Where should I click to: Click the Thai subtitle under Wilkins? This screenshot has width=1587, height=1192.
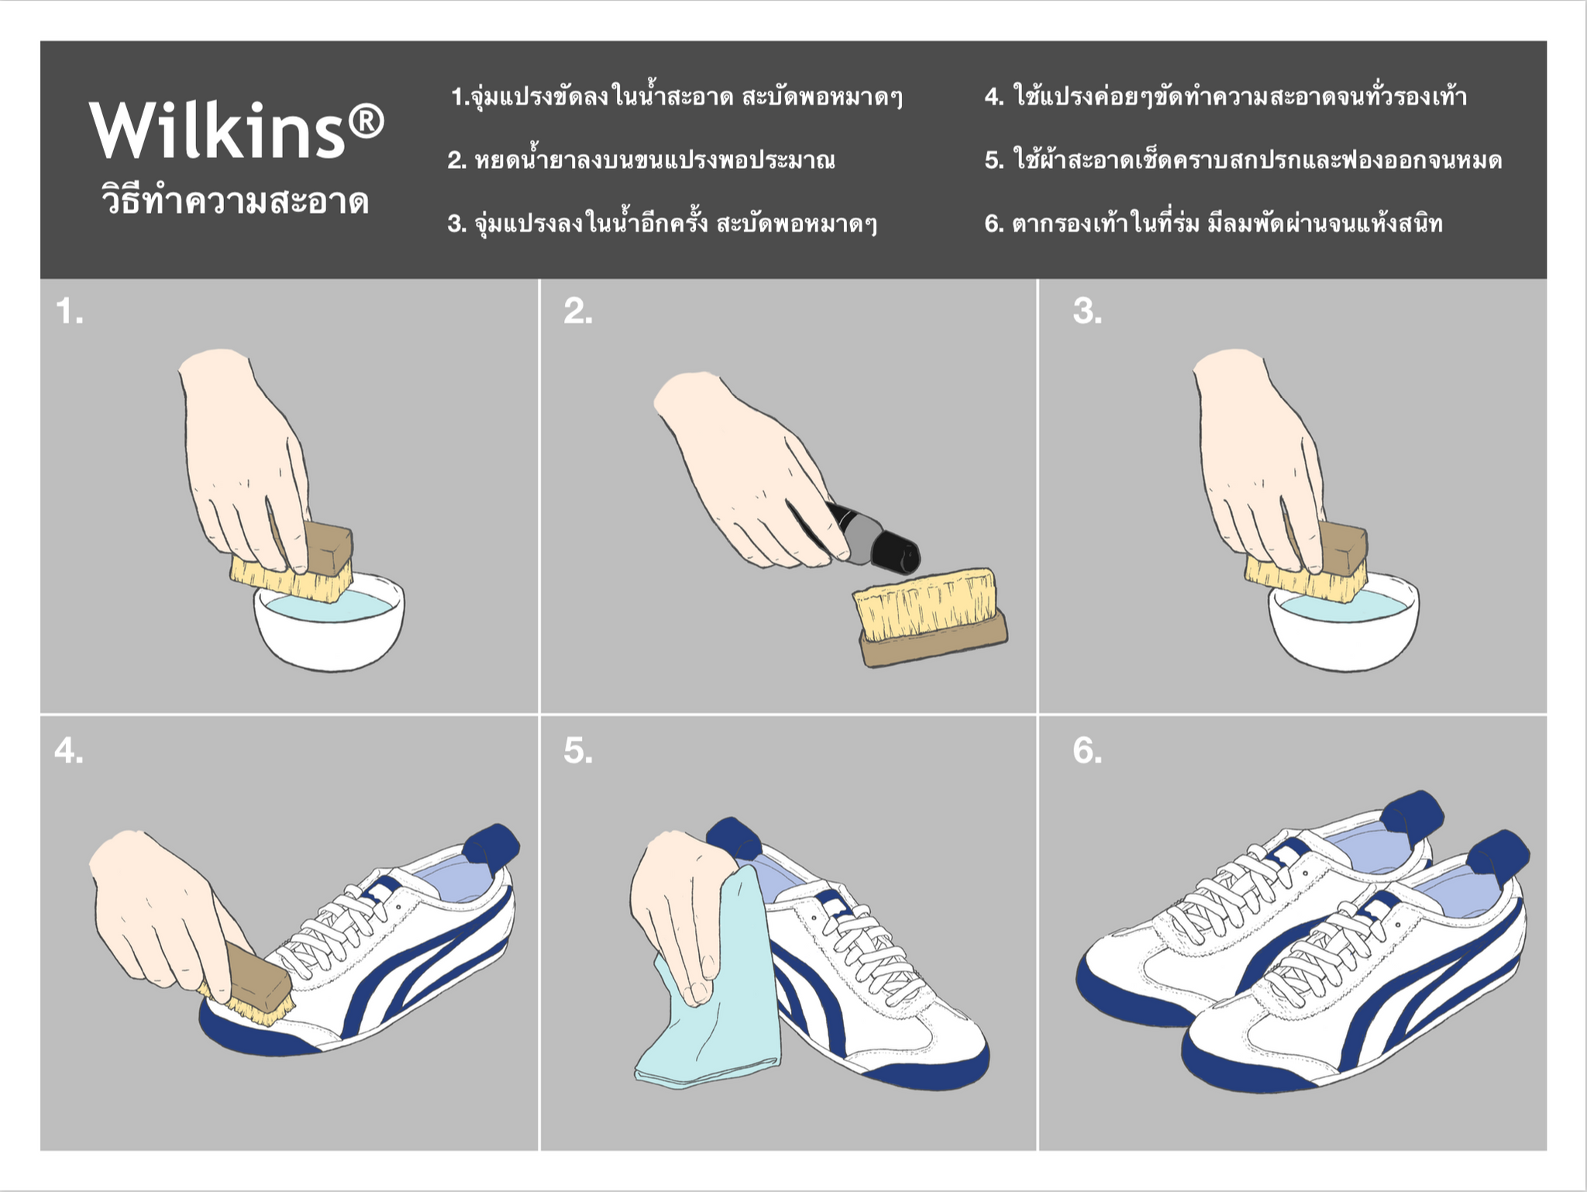(235, 202)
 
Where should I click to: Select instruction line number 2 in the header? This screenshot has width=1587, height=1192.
(641, 160)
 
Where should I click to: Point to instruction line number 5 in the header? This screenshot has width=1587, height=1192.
(1242, 160)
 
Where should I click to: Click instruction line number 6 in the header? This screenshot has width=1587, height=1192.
(1213, 224)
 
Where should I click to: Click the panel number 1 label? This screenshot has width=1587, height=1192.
(69, 312)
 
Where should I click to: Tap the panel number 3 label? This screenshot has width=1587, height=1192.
(1086, 312)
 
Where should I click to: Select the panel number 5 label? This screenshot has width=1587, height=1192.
(577, 750)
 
